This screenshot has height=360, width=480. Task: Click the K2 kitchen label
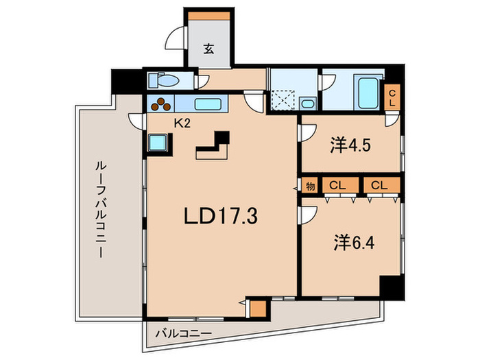pos(182,123)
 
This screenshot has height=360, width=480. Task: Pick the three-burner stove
pos(162,105)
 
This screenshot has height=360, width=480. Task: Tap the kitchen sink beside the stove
pos(208,105)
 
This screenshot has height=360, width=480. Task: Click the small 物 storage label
pos(310,185)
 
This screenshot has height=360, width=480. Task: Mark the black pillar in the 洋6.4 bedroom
pos(390,287)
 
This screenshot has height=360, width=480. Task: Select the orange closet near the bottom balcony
pos(257,308)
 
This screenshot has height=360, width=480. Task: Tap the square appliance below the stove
pos(160,142)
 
